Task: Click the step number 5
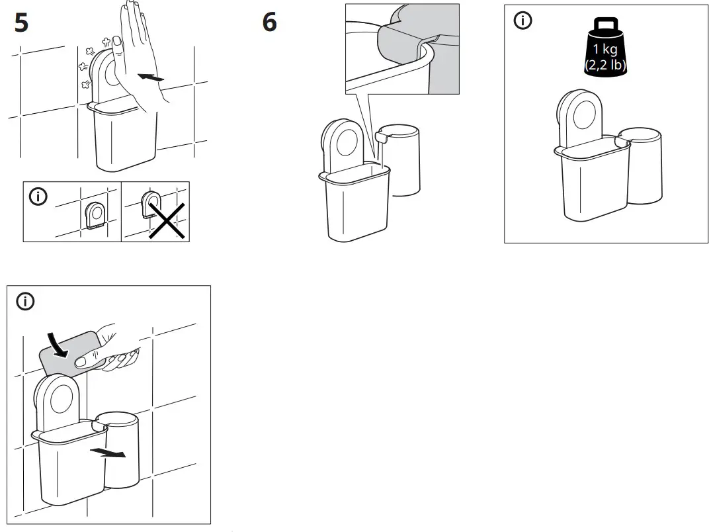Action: point(21,23)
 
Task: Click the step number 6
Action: point(269,23)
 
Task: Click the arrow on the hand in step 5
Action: point(150,77)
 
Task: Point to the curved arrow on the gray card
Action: point(58,346)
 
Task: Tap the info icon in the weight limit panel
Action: point(523,21)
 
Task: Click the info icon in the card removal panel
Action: point(25,302)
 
